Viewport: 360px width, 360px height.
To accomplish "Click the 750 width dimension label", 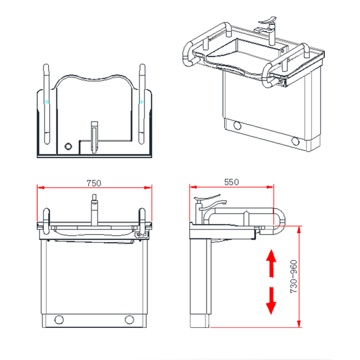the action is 94,183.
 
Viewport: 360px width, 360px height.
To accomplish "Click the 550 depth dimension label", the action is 231,182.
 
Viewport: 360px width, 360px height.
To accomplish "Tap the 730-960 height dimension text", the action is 294,276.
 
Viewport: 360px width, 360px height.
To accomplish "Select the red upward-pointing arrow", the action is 271,264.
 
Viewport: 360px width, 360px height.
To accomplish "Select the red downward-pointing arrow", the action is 271,301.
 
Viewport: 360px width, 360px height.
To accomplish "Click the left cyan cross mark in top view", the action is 47,102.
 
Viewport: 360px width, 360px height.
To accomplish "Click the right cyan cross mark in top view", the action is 142,102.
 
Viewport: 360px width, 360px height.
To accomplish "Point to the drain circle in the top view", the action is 68,146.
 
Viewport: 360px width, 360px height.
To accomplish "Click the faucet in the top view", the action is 94,137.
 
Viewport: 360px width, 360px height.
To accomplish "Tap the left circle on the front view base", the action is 59,320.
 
